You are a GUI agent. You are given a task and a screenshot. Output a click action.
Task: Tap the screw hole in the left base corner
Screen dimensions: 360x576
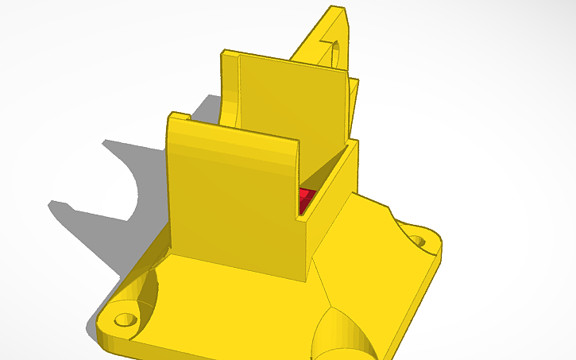(124, 319)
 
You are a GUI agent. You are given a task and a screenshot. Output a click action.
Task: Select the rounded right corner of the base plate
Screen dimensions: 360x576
(439, 246)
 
